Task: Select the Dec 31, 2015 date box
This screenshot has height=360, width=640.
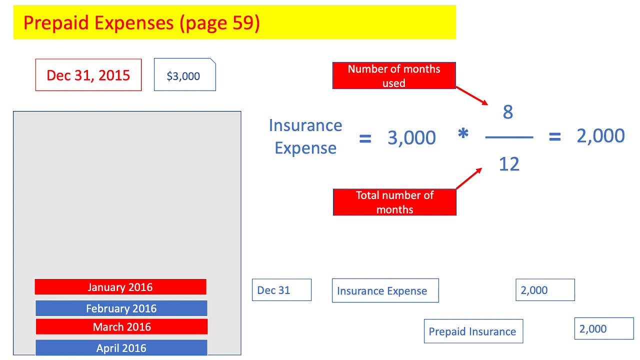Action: point(88,75)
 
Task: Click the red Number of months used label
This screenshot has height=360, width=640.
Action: point(394,75)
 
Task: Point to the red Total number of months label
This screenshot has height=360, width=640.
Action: point(394,202)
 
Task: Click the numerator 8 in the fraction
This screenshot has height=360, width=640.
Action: point(508,112)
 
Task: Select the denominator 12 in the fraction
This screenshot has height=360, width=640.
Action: point(509,163)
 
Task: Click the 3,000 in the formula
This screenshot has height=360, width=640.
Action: point(411,138)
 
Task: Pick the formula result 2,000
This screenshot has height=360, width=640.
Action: point(600,136)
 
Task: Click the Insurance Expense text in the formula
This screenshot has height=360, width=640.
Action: point(305,136)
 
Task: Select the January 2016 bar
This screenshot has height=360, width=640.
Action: point(120,287)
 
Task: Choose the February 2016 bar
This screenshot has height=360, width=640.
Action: point(121,308)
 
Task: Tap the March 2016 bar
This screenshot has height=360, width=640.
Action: point(121,327)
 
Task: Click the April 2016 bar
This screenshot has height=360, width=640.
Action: point(121,348)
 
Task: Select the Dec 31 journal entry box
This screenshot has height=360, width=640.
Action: point(281,290)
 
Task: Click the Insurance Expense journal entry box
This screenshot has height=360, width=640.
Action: point(385,290)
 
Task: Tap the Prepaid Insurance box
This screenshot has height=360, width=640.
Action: point(473,331)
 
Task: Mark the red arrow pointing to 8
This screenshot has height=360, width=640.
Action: point(472,95)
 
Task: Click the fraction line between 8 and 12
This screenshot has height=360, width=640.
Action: point(509,137)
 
